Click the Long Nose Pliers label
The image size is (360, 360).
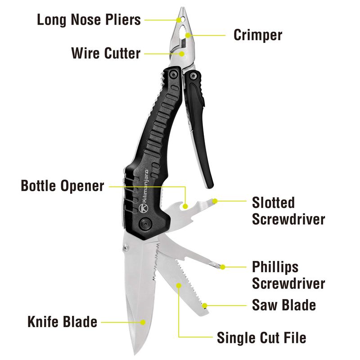click(89, 20)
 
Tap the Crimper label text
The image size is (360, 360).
click(258, 35)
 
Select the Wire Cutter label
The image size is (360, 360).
click(106, 53)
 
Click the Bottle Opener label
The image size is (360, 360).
click(63, 186)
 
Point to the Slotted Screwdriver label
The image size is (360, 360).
click(288, 211)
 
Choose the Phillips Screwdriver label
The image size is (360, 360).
click(288, 275)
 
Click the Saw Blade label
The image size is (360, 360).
click(284, 305)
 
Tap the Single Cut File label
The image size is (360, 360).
click(261, 338)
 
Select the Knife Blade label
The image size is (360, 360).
click(63, 322)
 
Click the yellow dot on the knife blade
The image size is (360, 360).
click(143, 322)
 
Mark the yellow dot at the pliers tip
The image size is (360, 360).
click(179, 20)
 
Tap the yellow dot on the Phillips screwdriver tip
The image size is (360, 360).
click(222, 267)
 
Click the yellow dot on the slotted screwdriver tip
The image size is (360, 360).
click(215, 201)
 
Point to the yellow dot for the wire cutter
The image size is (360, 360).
click(182, 54)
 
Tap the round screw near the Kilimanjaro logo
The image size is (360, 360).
click(145, 223)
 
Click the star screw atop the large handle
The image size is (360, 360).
click(173, 74)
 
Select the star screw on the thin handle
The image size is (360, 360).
click(193, 76)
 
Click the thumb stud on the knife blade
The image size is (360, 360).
click(126, 247)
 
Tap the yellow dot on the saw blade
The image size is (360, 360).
click(205, 306)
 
